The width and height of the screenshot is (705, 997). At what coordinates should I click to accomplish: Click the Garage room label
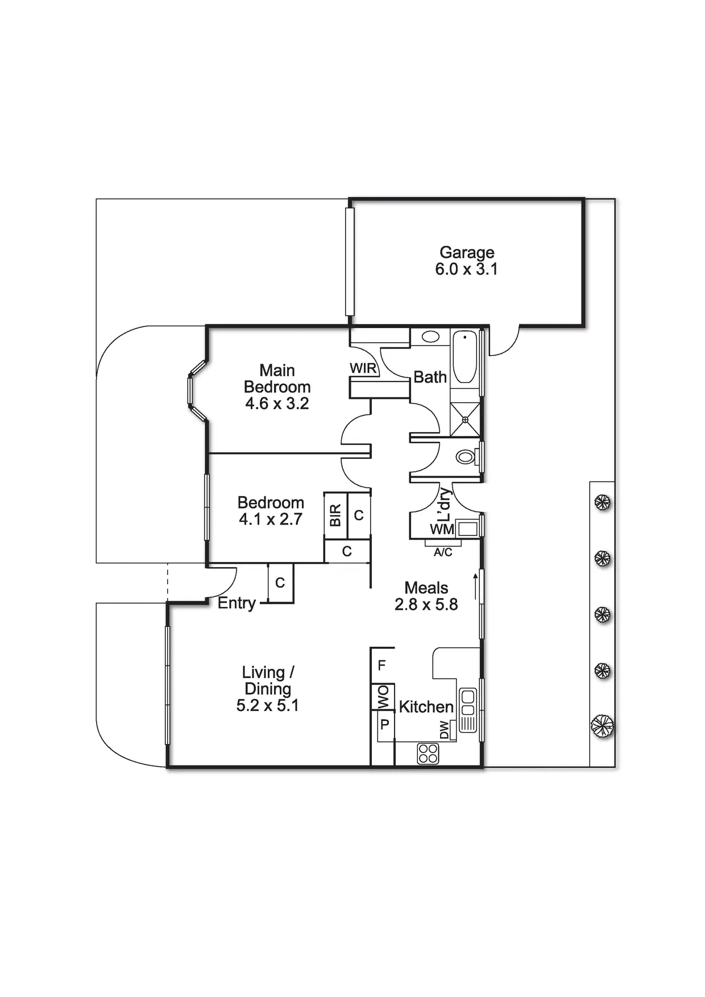pyautogui.click(x=467, y=252)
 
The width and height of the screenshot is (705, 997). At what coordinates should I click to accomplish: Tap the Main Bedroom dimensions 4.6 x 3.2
pyautogui.click(x=277, y=404)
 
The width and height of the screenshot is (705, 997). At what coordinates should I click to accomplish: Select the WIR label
pyautogui.click(x=363, y=368)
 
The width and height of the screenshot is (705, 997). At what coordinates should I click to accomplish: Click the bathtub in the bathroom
pyautogui.click(x=465, y=358)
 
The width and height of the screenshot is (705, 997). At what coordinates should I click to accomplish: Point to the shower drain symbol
pyautogui.click(x=465, y=419)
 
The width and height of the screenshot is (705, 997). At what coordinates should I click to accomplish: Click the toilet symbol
pyautogui.click(x=466, y=456)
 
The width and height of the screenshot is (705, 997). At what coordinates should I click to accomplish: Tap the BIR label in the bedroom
pyautogui.click(x=335, y=515)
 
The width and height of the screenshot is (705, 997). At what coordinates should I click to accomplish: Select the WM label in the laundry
pyautogui.click(x=442, y=529)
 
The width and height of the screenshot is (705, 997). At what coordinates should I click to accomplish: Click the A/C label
pyautogui.click(x=443, y=552)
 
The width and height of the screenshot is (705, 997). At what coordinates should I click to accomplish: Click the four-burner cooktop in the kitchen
pyautogui.click(x=428, y=754)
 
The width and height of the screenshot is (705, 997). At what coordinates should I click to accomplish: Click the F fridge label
pyautogui.click(x=382, y=664)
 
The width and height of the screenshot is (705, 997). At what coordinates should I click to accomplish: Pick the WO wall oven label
pyautogui.click(x=383, y=696)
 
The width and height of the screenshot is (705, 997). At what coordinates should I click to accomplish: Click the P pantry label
pyautogui.click(x=385, y=725)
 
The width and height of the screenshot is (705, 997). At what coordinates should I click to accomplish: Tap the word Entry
pyautogui.click(x=237, y=603)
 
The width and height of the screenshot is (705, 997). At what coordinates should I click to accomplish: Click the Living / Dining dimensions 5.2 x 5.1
pyautogui.click(x=267, y=705)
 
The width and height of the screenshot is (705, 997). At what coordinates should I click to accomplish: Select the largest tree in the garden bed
pyautogui.click(x=602, y=726)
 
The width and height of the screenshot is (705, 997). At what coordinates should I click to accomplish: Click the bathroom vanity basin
pyautogui.click(x=430, y=337)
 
